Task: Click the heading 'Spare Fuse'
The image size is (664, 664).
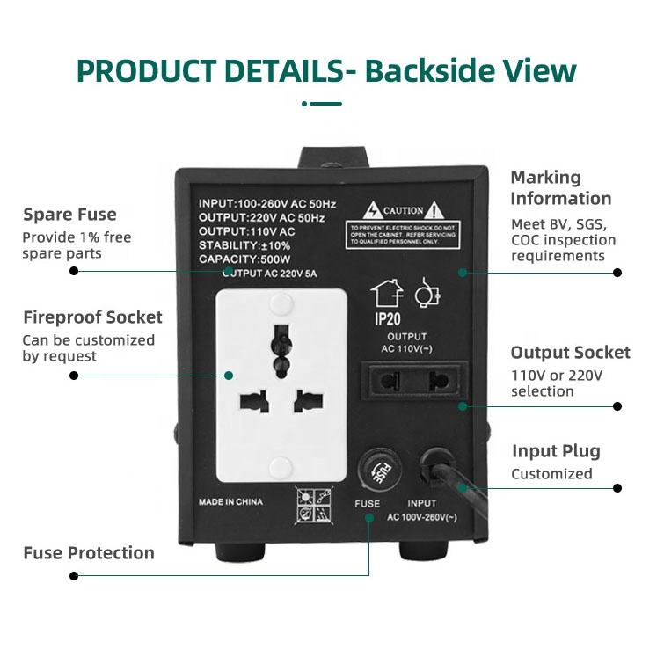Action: (69, 215)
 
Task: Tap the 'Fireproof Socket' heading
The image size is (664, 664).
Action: (92, 317)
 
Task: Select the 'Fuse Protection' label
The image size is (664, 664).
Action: (88, 553)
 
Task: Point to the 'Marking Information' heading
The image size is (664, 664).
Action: (560, 188)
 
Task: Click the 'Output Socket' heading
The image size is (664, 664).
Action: (570, 353)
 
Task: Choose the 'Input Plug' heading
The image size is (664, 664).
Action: (555, 452)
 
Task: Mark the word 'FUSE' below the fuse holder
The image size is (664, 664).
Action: (367, 505)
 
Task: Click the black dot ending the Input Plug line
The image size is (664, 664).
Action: (617, 487)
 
